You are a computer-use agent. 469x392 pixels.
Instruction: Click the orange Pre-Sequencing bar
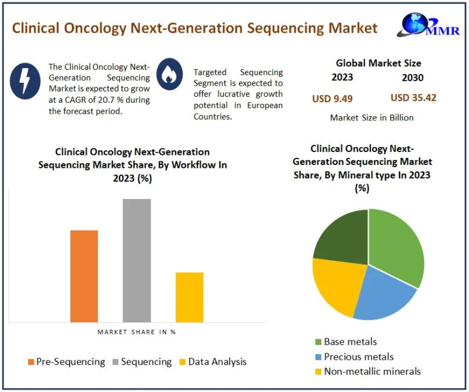[x=84, y=276]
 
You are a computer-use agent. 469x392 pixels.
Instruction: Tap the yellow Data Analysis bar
[x=189, y=297]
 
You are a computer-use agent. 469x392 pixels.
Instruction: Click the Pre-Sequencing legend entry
[x=66, y=361]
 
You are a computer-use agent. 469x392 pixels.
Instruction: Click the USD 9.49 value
[x=332, y=98]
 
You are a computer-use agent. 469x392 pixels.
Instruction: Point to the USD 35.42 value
[x=413, y=97]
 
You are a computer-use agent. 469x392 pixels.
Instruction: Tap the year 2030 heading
[x=412, y=77]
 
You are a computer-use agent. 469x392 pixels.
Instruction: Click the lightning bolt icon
[x=25, y=80]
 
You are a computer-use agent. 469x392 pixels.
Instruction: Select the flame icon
[x=170, y=72]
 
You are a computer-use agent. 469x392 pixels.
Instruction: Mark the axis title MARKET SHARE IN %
[x=136, y=332]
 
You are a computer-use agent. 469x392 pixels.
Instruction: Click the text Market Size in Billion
[x=372, y=117]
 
